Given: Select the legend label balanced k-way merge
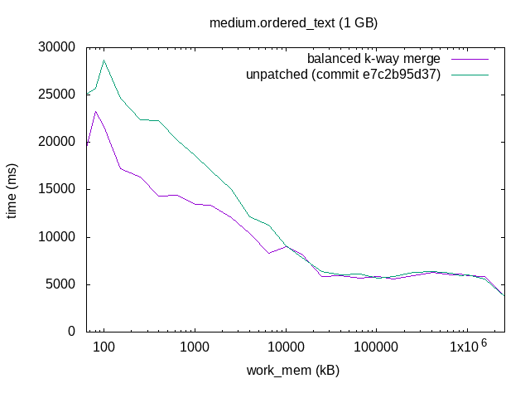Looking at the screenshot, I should (x=373, y=59).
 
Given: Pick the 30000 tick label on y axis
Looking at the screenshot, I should (x=58, y=46).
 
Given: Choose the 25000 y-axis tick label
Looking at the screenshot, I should (x=58, y=94).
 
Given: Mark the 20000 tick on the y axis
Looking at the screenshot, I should (x=58, y=142).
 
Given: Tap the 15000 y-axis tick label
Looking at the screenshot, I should (x=58, y=189).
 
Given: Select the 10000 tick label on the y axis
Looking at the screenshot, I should (x=58, y=237).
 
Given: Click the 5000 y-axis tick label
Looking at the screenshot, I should (x=62, y=284).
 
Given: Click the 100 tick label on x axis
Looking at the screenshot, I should (x=104, y=347).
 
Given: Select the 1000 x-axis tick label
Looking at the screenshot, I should (x=195, y=347).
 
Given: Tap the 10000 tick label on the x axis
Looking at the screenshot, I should (x=286, y=347).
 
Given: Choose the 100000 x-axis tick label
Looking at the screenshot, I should (x=377, y=347).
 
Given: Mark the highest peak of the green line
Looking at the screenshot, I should (x=104, y=60).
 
